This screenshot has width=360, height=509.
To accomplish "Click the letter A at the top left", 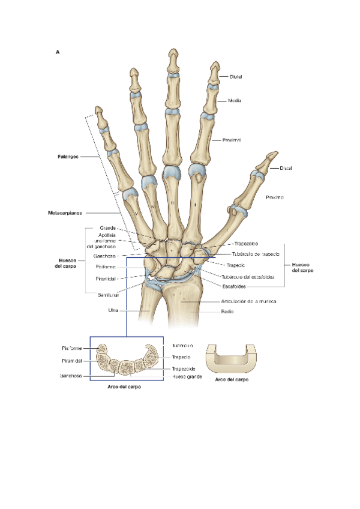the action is (x=58, y=52).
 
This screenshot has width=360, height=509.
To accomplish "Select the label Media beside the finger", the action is (x=235, y=100).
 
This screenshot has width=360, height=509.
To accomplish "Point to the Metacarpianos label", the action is (x=67, y=212).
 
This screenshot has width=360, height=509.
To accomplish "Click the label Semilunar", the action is (x=108, y=295).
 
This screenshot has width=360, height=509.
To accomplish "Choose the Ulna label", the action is (x=112, y=310).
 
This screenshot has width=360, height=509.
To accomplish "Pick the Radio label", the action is (x=227, y=312).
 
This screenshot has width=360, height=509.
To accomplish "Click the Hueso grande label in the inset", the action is (x=187, y=376).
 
